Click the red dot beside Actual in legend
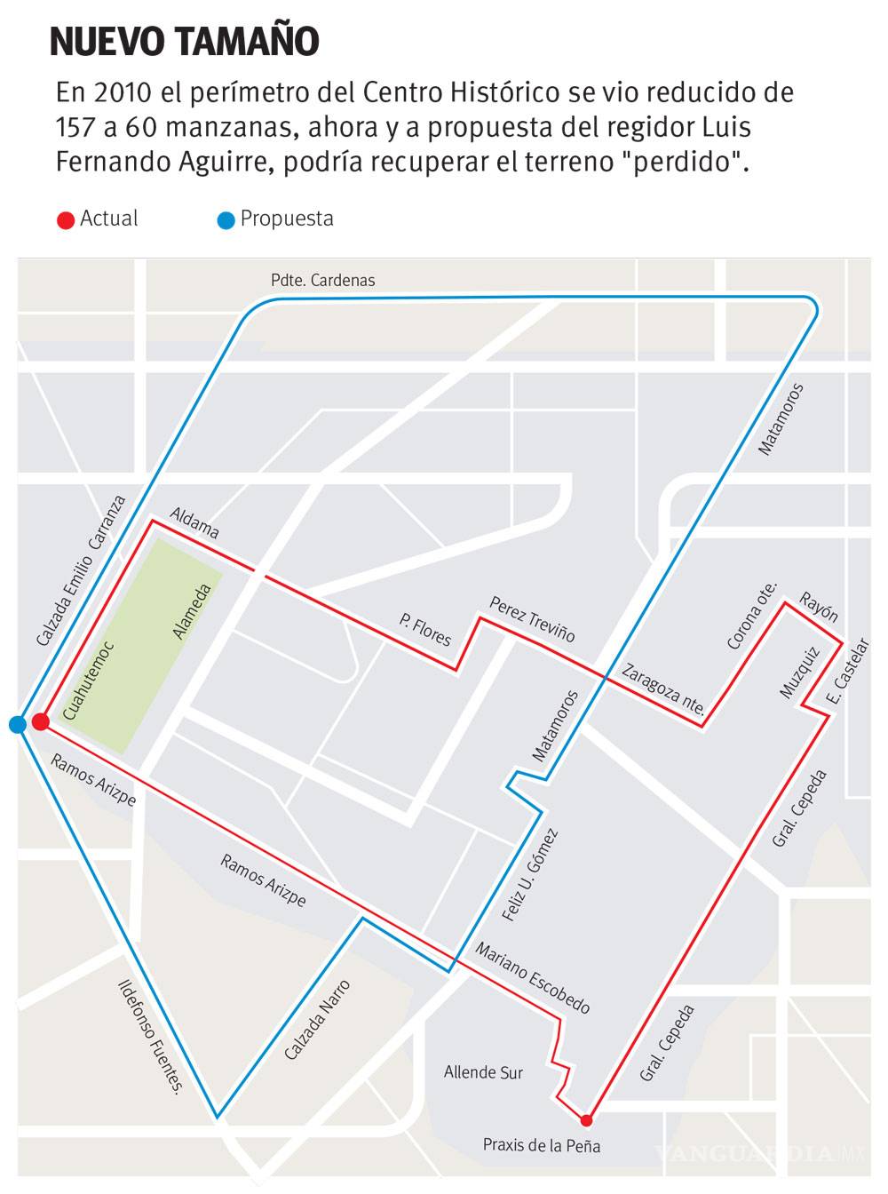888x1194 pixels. pos(65,220)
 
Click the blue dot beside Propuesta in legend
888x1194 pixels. pos(226,220)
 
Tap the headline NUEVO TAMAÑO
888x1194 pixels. pos(185,42)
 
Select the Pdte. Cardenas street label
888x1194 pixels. pos(322,281)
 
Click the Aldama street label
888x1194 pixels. pos(194,523)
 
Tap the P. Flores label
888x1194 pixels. pos(425,629)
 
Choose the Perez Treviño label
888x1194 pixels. pos(532,619)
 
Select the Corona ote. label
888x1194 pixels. pos(751,616)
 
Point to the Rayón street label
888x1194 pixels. pos(818,607)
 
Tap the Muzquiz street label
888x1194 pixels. pos(798,673)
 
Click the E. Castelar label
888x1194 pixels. pos(848,671)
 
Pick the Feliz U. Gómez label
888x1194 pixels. pos(530,875)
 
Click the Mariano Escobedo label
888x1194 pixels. pos(532,978)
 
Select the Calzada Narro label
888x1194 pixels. pos(317,1020)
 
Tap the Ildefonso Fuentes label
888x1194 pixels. pos(150,1037)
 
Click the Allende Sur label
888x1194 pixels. pos(483,1073)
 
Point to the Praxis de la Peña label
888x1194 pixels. pos(542,1145)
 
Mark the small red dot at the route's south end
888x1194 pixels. pos(586,1119)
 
